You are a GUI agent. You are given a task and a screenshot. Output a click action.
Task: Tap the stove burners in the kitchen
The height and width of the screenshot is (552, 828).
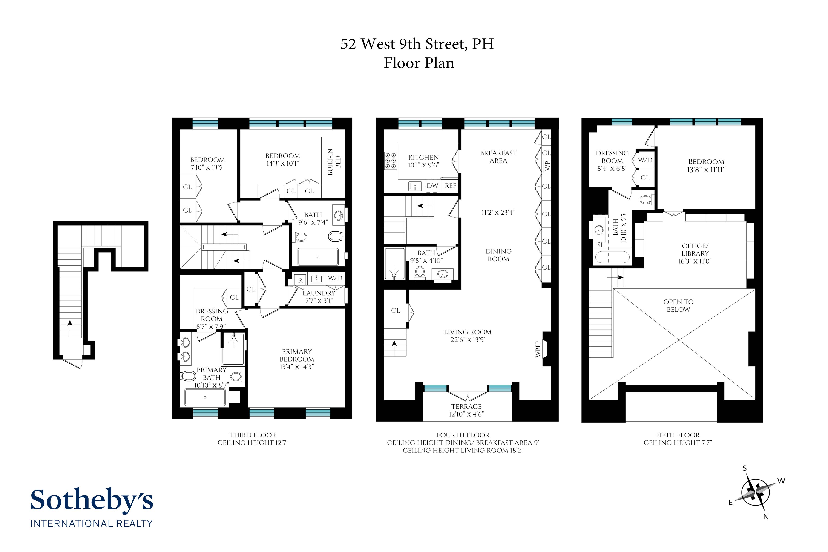click(x=390, y=161)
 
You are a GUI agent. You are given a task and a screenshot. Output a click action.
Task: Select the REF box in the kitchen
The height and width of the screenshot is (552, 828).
click(x=450, y=186)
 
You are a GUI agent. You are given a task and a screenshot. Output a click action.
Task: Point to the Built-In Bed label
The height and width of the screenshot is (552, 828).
click(x=334, y=162)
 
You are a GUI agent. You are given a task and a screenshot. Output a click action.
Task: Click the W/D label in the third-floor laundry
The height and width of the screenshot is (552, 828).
click(x=335, y=278)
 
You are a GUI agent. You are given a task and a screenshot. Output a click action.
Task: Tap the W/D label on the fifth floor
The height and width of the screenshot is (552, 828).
click(x=645, y=160)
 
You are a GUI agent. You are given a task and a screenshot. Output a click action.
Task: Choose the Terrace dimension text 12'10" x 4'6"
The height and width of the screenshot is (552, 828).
click(x=466, y=414)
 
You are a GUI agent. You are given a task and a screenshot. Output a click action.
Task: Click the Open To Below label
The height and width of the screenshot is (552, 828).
click(x=678, y=306)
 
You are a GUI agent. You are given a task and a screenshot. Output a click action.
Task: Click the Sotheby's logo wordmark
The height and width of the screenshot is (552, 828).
click(x=92, y=500)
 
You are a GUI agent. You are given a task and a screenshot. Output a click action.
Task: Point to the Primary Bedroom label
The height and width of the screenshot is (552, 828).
click(x=297, y=359)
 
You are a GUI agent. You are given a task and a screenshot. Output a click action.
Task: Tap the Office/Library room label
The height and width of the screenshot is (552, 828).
click(x=695, y=253)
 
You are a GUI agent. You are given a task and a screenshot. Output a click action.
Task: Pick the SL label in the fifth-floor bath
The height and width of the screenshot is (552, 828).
click(x=601, y=245)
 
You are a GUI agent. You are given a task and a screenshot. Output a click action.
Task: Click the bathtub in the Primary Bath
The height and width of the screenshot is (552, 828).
click(x=205, y=397)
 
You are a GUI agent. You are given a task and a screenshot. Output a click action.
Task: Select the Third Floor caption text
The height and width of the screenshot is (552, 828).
click(x=253, y=435)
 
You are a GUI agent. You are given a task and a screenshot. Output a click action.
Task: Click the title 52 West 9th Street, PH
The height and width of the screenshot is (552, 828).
click(x=417, y=44)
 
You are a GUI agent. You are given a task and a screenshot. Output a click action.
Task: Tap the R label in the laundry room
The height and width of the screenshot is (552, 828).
click(x=300, y=280)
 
